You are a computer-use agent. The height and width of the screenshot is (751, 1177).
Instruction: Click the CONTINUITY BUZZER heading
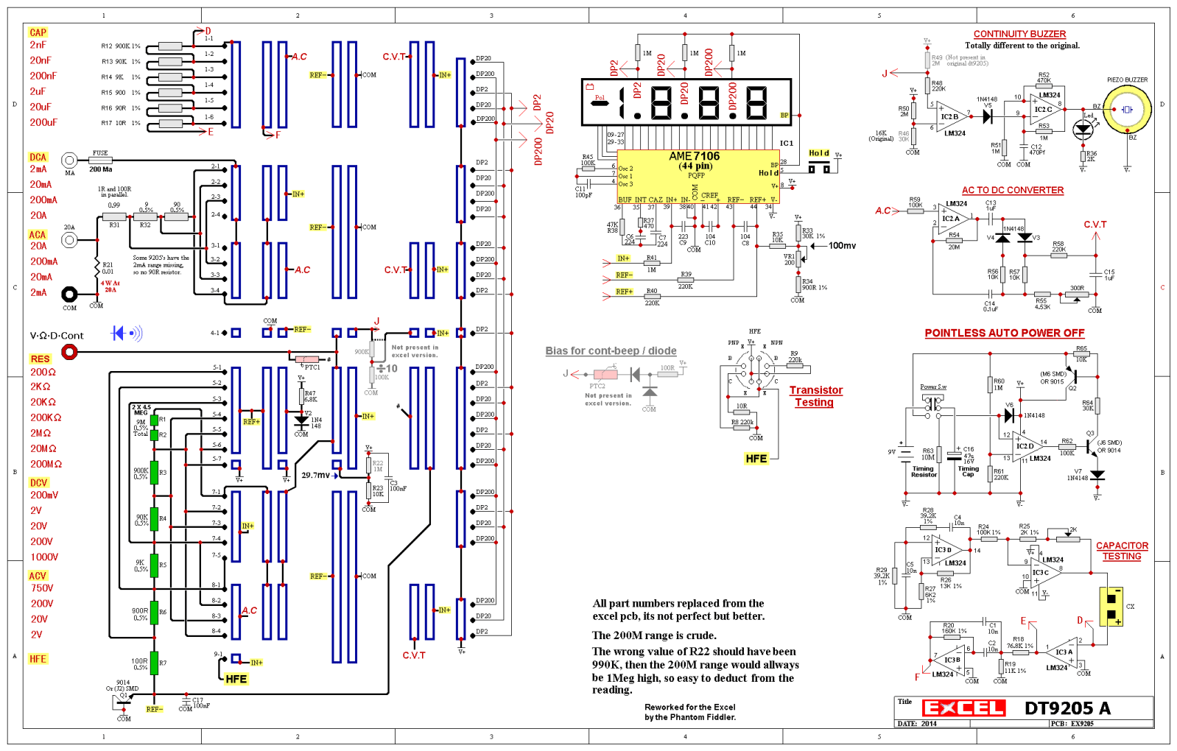pyautogui.click(x=1019, y=34)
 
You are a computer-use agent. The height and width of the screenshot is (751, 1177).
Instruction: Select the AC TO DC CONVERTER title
pyautogui.click(x=1012, y=190)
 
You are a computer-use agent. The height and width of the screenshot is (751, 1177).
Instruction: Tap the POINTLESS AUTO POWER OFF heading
pyautogui.click(x=1004, y=333)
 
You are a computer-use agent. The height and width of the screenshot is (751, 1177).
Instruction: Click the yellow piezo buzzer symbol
pyautogui.click(x=1127, y=110)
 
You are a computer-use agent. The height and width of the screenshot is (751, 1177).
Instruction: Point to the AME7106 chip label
pyautogui.click(x=694, y=156)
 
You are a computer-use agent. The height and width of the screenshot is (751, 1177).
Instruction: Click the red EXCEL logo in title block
pyautogui.click(x=963, y=708)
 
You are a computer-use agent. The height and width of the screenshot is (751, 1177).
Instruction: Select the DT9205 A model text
pyautogui.click(x=1067, y=708)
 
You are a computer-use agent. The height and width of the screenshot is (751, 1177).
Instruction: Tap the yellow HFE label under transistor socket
pyautogui.click(x=756, y=459)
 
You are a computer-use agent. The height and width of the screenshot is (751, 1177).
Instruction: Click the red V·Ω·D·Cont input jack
pyautogui.click(x=69, y=352)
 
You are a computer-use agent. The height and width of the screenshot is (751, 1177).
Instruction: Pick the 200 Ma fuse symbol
pyautogui.click(x=100, y=160)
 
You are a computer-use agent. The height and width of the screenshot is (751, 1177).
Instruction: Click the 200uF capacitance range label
pyautogui.click(x=43, y=122)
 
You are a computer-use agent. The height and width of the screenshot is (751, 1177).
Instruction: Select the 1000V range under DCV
pyautogui.click(x=44, y=557)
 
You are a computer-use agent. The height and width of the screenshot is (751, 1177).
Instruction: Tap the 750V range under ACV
pyautogui.click(x=42, y=588)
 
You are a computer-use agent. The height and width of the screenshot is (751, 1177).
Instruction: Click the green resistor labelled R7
pyautogui.click(x=154, y=663)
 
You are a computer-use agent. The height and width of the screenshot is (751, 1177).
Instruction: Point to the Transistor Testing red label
pyautogui.click(x=815, y=396)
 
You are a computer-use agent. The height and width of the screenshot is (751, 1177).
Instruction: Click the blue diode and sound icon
pyautogui.click(x=126, y=334)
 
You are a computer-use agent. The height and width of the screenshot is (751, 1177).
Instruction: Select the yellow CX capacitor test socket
pyautogui.click(x=1111, y=607)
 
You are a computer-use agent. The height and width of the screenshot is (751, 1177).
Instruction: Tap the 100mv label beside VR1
pyautogui.click(x=842, y=246)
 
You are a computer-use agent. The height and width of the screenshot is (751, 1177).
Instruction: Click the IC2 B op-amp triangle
pyautogui.click(x=951, y=116)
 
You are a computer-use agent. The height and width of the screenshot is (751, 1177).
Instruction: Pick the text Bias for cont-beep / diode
pyautogui.click(x=611, y=351)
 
